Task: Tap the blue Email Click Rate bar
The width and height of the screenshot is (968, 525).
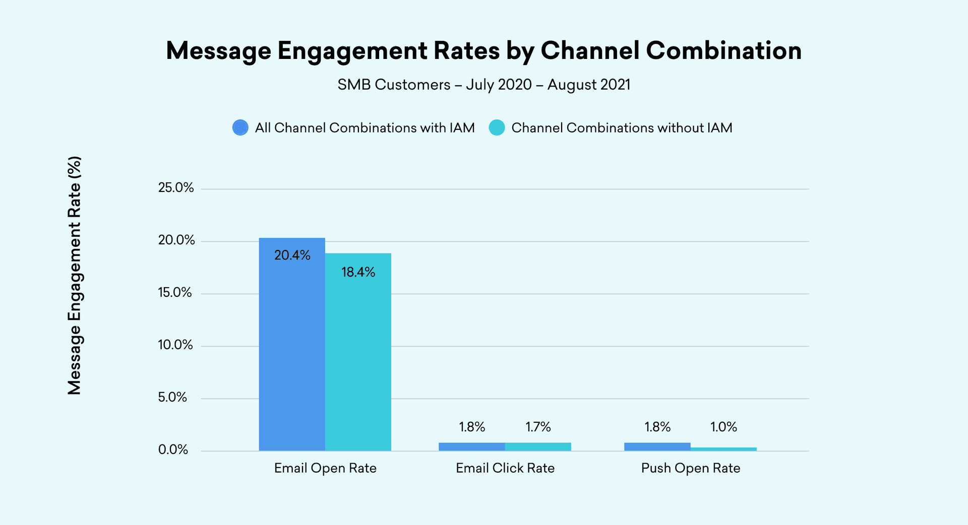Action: pos(472,447)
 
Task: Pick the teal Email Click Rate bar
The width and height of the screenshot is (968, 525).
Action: pos(538,447)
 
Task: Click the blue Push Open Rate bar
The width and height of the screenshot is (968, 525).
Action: pos(657,447)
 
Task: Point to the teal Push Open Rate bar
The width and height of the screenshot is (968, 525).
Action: pos(723,449)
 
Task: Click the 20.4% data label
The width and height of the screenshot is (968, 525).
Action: pos(292,255)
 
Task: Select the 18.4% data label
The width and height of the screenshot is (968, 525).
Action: pos(358,273)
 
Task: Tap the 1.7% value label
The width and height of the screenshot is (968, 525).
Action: pos(538,427)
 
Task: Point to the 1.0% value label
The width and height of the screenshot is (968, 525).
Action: pos(723,427)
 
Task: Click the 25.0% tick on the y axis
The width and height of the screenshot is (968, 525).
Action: pos(176,188)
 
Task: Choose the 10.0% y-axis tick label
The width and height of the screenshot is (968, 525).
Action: pos(175,345)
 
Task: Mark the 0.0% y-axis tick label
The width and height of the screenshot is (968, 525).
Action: pos(173,450)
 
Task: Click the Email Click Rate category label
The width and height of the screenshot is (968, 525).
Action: pos(505,468)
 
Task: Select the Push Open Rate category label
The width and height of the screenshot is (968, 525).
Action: pos(691,468)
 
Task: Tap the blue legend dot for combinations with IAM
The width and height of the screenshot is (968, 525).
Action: pos(240,127)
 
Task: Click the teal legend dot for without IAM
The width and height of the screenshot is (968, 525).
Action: pos(497,127)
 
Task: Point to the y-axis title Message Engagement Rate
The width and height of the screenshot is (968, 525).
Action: pos(75,276)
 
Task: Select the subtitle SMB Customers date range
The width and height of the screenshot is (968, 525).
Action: pos(484,85)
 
